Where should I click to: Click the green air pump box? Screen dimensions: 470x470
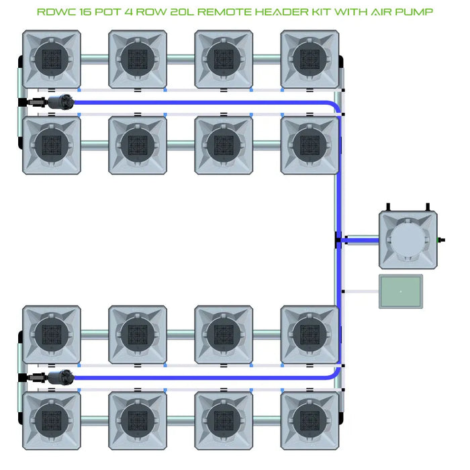click(x=401, y=291)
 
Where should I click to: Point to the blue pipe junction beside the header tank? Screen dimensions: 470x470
click(x=340, y=239)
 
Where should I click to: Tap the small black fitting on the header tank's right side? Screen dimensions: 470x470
click(x=441, y=239)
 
